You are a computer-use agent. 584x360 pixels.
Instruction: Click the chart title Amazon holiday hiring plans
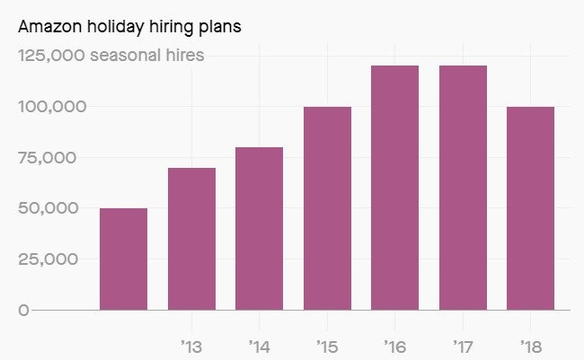(x=129, y=26)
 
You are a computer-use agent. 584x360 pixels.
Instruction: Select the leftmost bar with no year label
(x=124, y=259)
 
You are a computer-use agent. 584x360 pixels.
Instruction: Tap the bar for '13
(x=191, y=239)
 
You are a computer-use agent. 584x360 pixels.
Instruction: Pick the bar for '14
(x=260, y=228)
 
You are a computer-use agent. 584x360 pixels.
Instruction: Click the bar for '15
(x=327, y=208)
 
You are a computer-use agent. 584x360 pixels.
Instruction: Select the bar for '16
(x=395, y=188)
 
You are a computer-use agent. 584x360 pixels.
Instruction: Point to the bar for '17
(x=463, y=188)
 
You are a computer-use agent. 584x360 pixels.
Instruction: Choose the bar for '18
(x=530, y=208)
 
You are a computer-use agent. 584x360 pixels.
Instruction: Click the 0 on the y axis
(x=24, y=310)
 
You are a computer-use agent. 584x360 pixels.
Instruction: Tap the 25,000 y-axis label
(x=49, y=259)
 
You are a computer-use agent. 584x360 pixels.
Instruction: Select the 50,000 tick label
(x=49, y=208)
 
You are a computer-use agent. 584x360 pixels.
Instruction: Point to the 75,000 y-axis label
(x=49, y=158)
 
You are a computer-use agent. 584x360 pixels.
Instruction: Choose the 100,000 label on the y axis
(x=52, y=107)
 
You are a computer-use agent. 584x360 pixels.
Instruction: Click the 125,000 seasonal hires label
(x=111, y=56)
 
